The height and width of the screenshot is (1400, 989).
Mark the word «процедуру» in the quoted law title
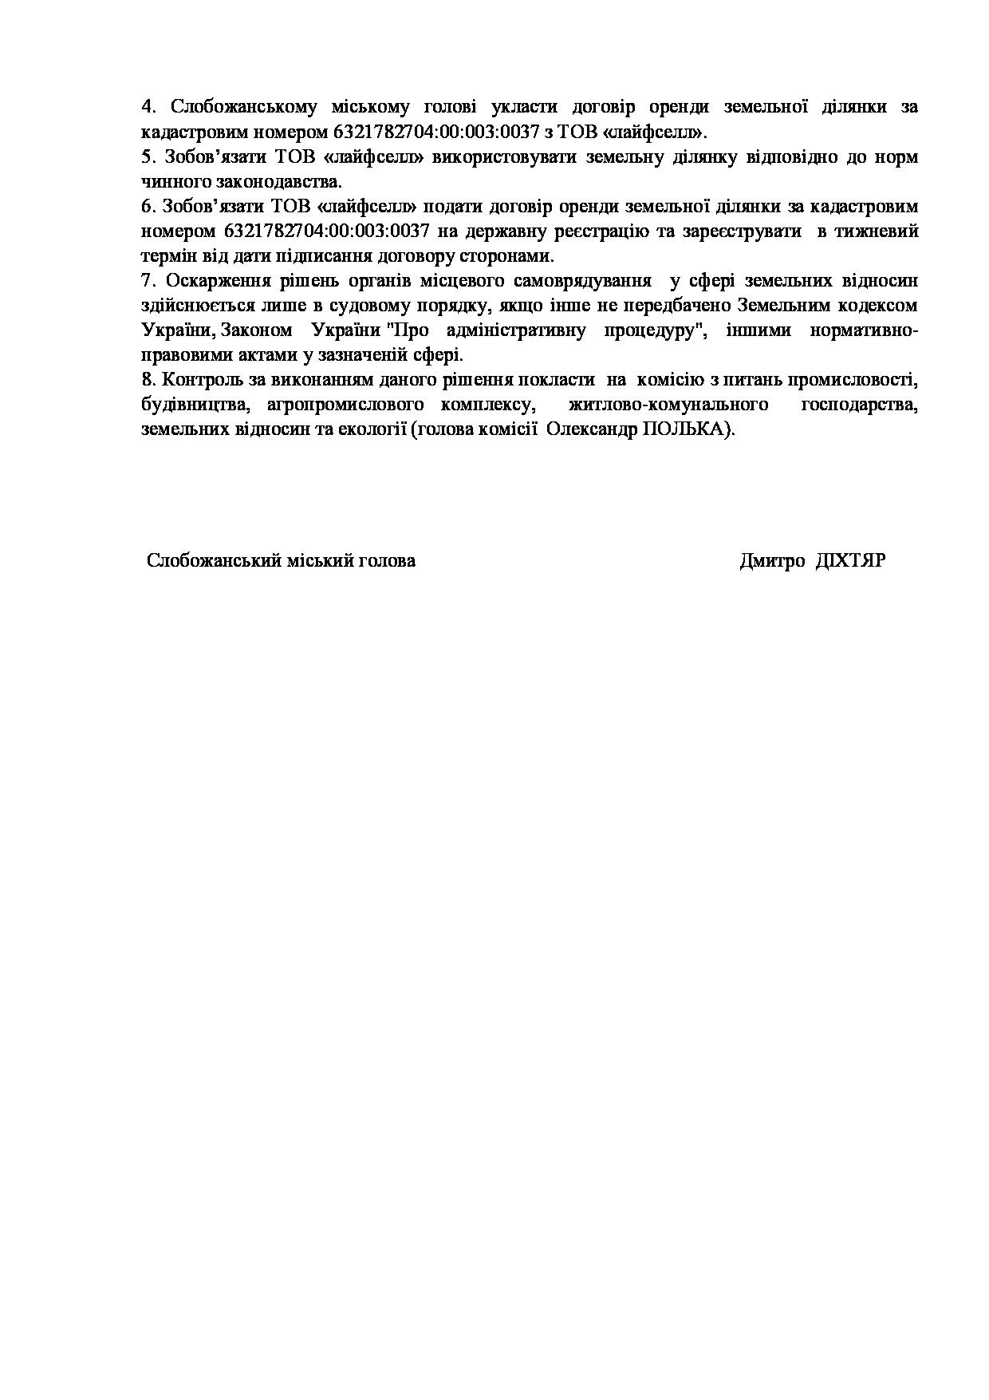point(668,330)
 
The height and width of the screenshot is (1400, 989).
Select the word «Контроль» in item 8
point(199,380)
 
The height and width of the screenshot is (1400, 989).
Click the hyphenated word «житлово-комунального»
point(668,405)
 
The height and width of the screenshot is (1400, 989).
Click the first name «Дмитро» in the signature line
point(772,560)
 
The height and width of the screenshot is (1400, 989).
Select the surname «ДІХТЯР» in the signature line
point(850,560)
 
